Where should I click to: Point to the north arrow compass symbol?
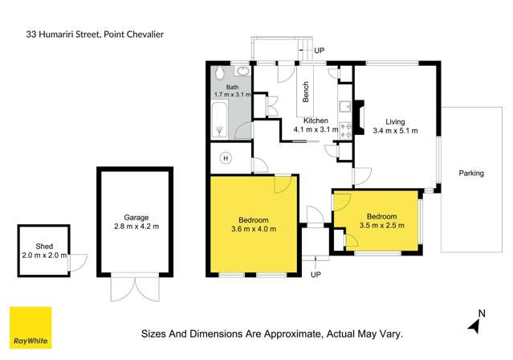coord(474,323)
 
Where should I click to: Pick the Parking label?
coord(471,173)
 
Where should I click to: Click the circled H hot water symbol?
coord(226,157)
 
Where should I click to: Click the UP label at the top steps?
coord(319,50)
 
